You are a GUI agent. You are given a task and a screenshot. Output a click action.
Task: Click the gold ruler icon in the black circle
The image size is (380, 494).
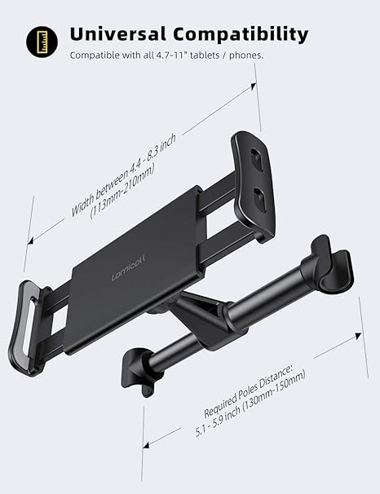[x=38, y=38]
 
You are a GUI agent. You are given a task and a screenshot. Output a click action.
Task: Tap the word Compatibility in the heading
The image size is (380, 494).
[x=241, y=34]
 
